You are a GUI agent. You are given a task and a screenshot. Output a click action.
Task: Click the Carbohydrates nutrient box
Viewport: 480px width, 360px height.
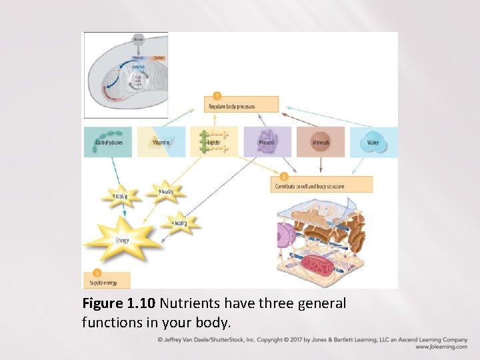click(108, 142)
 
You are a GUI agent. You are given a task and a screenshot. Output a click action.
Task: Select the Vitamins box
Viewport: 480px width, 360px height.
click(161, 142)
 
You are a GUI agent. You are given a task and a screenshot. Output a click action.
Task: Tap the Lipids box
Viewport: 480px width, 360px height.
click(214, 142)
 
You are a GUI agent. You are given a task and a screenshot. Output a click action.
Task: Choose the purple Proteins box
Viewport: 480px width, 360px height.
click(267, 142)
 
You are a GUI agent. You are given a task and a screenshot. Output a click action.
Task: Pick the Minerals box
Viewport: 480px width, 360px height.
click(321, 142)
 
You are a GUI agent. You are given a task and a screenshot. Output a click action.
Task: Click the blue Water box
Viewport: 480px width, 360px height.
click(373, 142)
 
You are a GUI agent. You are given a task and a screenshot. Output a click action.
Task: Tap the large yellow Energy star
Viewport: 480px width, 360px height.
click(122, 240)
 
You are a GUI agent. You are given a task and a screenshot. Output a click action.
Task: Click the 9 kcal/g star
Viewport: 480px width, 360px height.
click(165, 192)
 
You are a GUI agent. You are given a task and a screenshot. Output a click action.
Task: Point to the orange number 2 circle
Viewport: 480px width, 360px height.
click(284, 177)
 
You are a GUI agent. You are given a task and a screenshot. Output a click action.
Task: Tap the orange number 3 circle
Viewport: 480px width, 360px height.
click(97, 273)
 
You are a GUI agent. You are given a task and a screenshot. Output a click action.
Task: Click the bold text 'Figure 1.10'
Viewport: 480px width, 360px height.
click(119, 304)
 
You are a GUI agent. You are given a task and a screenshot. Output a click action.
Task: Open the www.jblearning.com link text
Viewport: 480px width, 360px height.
click(441, 347)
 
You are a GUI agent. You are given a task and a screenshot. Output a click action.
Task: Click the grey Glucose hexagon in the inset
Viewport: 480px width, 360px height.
click(138, 39)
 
